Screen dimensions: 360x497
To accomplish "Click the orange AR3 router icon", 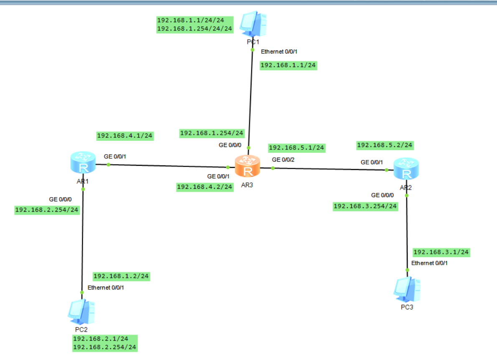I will tap(247, 166).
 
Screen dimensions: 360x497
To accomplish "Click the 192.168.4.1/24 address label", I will tap(125, 136).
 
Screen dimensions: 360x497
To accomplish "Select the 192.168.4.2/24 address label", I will tap(205, 187).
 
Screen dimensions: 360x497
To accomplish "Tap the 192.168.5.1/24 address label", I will tap(297, 147).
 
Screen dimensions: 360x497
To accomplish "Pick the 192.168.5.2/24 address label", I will tap(385, 145).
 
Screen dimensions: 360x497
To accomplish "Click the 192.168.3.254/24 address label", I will tap(365, 206).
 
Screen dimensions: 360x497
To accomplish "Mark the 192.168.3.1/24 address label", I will tap(441, 252).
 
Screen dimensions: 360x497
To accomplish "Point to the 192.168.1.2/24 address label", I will tap(121, 276).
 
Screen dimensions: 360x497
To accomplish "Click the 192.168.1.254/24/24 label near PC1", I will tap(194, 28).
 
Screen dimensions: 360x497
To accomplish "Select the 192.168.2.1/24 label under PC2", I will tap(100, 339).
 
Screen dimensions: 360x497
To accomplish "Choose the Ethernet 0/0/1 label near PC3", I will tap(430, 263).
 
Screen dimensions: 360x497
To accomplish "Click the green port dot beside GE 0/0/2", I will tap(273, 168).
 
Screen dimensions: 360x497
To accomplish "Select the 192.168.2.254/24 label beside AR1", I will tap(46, 210).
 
